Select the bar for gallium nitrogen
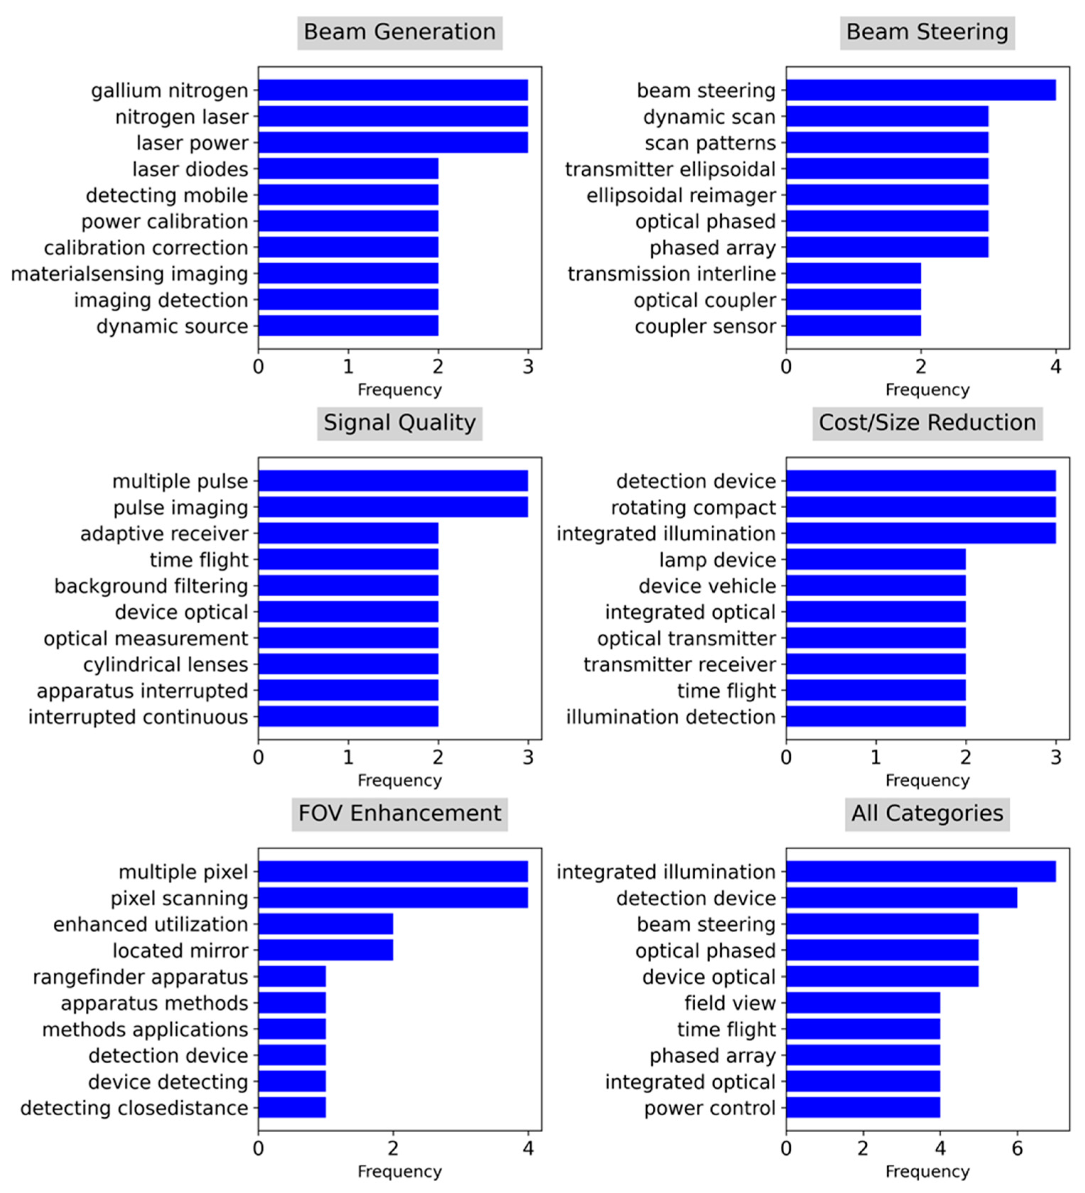coord(393,91)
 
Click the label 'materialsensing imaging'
coord(130,274)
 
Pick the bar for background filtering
coord(348,586)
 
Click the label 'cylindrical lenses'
coord(166,665)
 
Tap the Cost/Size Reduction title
coord(927,423)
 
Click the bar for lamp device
coord(875,560)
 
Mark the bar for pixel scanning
coord(393,898)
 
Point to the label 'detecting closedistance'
coord(134,1108)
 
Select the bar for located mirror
coord(325,950)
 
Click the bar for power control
coord(862,1108)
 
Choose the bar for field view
coord(862,1003)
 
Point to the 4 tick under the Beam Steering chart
coord(1055,367)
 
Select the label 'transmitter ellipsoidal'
coord(670,169)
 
